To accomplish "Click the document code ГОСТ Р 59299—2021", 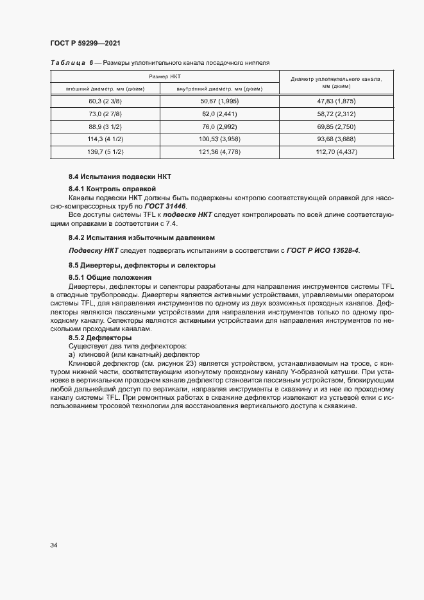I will tap(85, 43).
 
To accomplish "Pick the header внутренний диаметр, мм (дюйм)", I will tap(219, 88).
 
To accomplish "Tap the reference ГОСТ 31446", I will tap(165, 206).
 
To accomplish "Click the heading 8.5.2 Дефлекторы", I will tap(100, 338).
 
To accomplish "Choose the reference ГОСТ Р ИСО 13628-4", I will tap(323, 250).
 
